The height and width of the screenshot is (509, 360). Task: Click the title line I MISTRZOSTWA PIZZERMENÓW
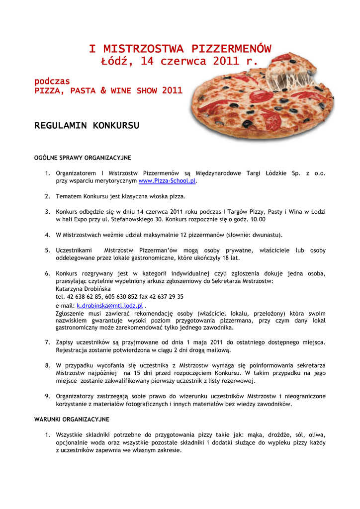click(180, 49)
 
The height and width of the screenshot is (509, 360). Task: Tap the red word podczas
click(52, 81)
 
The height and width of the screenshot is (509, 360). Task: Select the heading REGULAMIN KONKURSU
click(87, 125)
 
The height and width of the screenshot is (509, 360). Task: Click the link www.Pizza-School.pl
click(167, 181)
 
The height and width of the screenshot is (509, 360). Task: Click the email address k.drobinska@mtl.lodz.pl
click(110, 306)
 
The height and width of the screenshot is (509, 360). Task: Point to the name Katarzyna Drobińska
click(83, 288)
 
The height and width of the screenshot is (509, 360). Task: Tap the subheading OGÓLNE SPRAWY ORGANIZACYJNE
click(83, 158)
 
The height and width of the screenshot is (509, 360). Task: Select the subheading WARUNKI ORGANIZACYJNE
click(72, 420)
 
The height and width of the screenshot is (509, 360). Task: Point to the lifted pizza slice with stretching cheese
click(293, 75)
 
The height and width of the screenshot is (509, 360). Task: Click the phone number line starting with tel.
click(119, 296)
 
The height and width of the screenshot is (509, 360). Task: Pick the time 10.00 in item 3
click(257, 219)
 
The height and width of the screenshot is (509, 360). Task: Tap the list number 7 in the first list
click(47, 342)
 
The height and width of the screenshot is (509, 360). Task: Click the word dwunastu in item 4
click(264, 235)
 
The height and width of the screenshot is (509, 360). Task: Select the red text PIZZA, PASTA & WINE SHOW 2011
click(108, 91)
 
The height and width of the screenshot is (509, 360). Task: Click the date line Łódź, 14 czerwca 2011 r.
click(180, 61)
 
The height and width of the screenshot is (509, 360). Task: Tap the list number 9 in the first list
click(47, 396)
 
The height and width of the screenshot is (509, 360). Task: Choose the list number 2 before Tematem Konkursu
click(47, 196)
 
